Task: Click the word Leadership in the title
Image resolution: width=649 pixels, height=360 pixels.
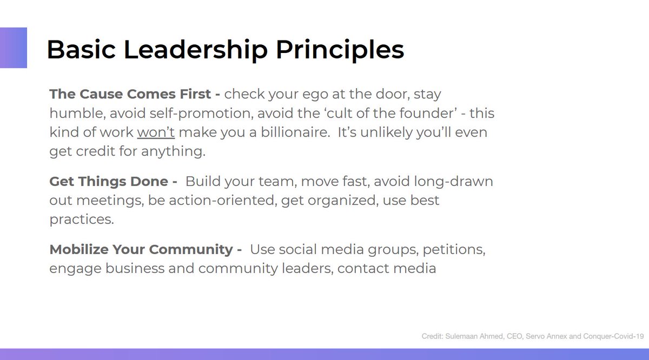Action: (x=196, y=50)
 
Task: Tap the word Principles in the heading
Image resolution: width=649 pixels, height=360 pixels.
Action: (x=340, y=50)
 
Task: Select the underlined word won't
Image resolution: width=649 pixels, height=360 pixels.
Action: (x=156, y=132)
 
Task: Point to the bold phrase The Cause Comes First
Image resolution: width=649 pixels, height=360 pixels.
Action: (x=130, y=94)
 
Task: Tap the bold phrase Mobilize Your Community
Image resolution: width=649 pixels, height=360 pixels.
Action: (x=141, y=250)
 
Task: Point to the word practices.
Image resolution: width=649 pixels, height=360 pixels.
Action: (x=81, y=220)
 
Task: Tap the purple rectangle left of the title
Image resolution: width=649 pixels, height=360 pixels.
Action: (x=13, y=48)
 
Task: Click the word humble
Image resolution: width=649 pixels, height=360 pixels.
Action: (x=70, y=114)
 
